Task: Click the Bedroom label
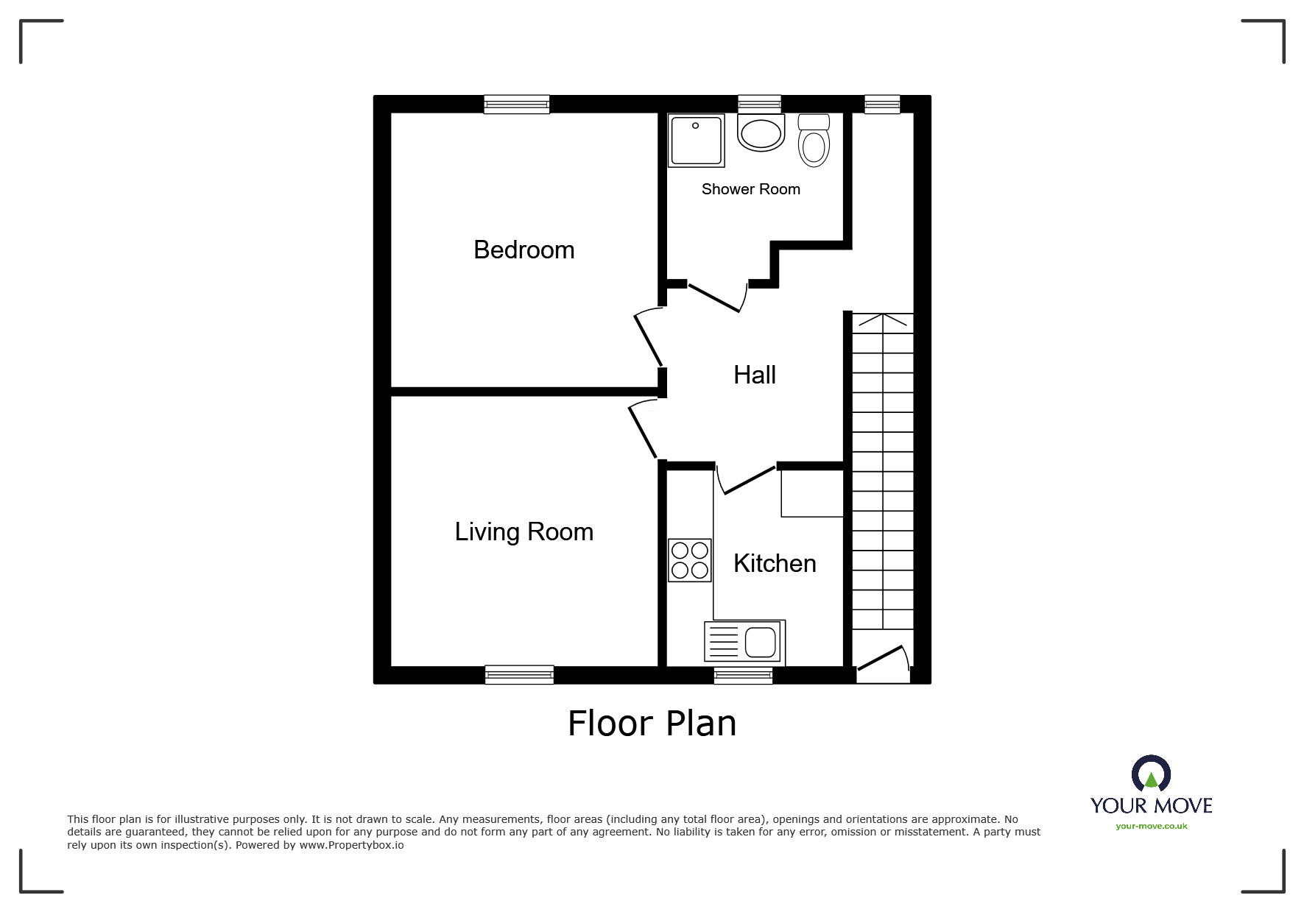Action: [x=524, y=250]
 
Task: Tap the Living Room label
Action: [x=524, y=532]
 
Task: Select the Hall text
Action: [x=754, y=375]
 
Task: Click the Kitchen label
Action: [x=775, y=564]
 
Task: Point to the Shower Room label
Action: [x=750, y=189]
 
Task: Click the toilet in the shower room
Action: [x=814, y=141]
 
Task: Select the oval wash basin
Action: [x=761, y=135]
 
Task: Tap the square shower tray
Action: [x=696, y=140]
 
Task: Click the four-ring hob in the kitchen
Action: [x=690, y=560]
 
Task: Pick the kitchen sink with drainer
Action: [x=744, y=641]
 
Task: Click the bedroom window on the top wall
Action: [x=517, y=105]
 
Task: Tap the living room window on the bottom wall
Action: [x=519, y=674]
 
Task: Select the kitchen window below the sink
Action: [x=743, y=675]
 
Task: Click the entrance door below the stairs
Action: [x=881, y=659]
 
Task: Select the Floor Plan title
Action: [x=652, y=724]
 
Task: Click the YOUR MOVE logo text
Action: [x=1151, y=805]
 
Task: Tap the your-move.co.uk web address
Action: [x=1151, y=826]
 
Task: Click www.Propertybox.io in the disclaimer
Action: [x=351, y=845]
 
